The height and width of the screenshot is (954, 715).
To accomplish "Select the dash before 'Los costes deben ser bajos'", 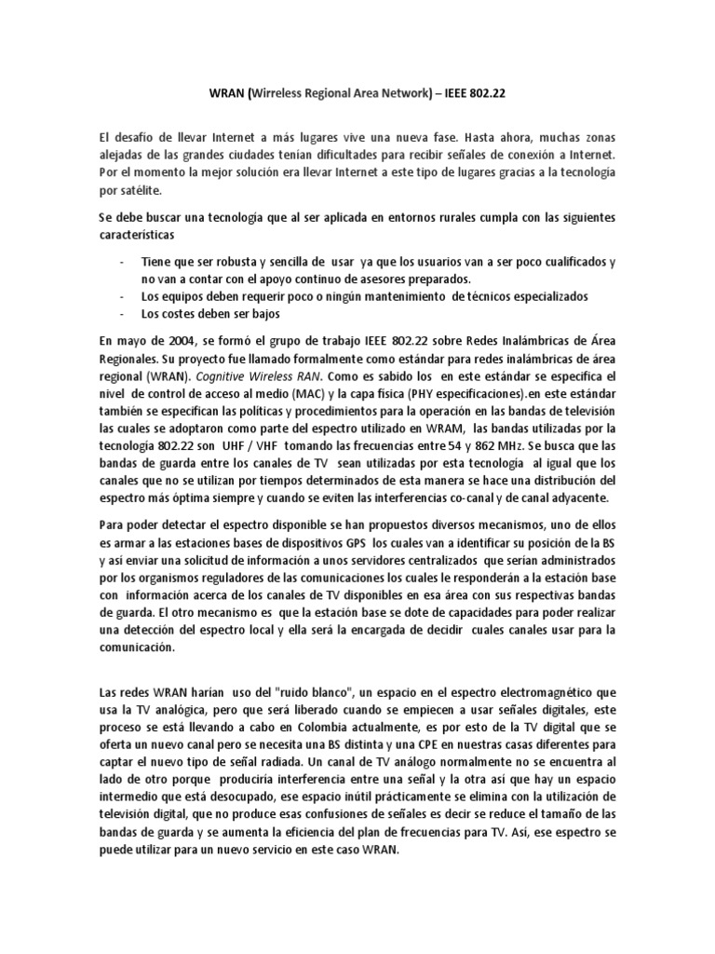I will pyautogui.click(x=124, y=314).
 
